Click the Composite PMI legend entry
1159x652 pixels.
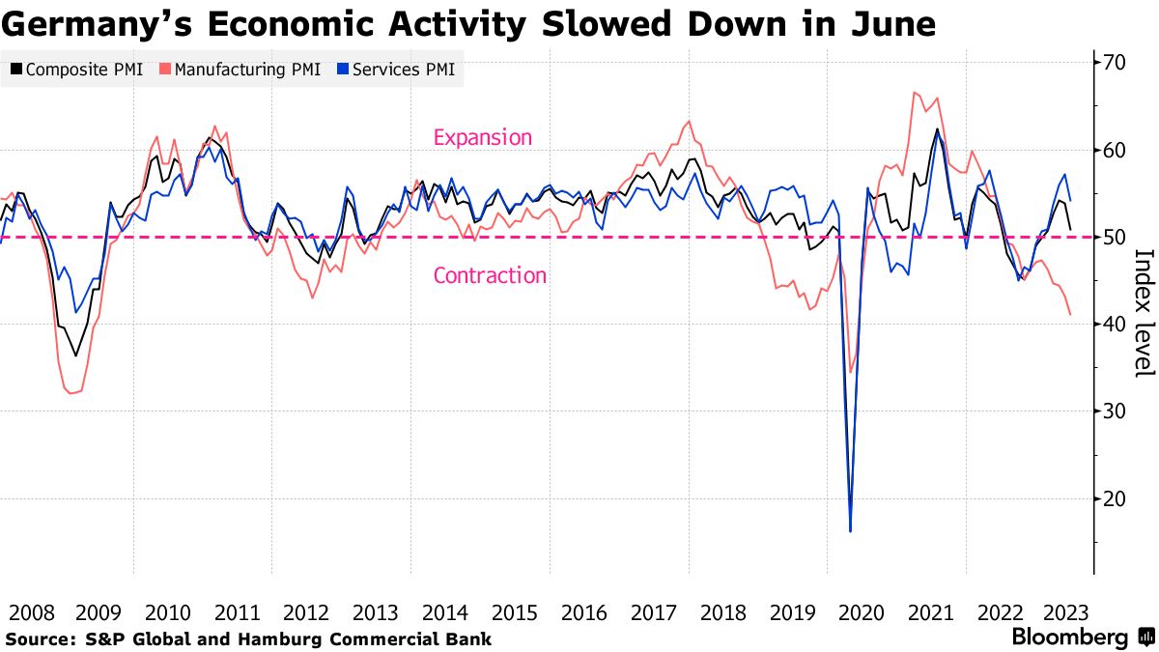tap(77, 70)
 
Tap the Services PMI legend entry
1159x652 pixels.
tap(395, 70)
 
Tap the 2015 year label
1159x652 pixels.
tap(514, 612)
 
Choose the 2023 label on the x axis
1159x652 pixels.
tap(1068, 612)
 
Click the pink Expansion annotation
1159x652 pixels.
tap(483, 137)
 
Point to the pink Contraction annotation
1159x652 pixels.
tap(490, 275)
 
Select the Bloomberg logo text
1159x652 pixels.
tap(1069, 638)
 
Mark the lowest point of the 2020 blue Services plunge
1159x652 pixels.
tap(850, 530)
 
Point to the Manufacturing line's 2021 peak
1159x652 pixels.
tap(914, 92)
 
